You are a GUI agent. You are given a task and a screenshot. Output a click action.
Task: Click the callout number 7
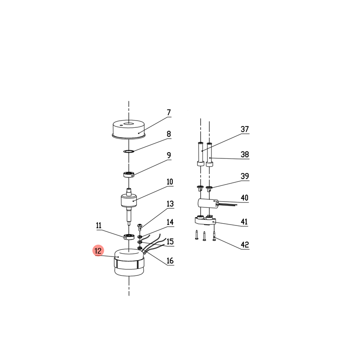tap(169, 112)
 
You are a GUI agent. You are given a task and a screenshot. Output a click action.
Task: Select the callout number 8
tap(169, 134)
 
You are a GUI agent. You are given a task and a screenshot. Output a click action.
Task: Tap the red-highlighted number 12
tap(98, 251)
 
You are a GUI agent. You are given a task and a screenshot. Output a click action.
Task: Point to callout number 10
tap(170, 182)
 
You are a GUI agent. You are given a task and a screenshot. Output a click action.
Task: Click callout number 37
tap(245, 129)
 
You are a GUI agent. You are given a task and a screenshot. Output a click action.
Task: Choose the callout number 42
tap(245, 245)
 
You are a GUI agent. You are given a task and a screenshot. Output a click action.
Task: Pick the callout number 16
tap(170, 261)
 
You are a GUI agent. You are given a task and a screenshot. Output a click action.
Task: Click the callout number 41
tap(244, 222)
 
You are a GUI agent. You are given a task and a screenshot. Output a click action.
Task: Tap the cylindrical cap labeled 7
tap(129, 129)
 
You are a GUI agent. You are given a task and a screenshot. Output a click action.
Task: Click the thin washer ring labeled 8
tap(129, 151)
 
